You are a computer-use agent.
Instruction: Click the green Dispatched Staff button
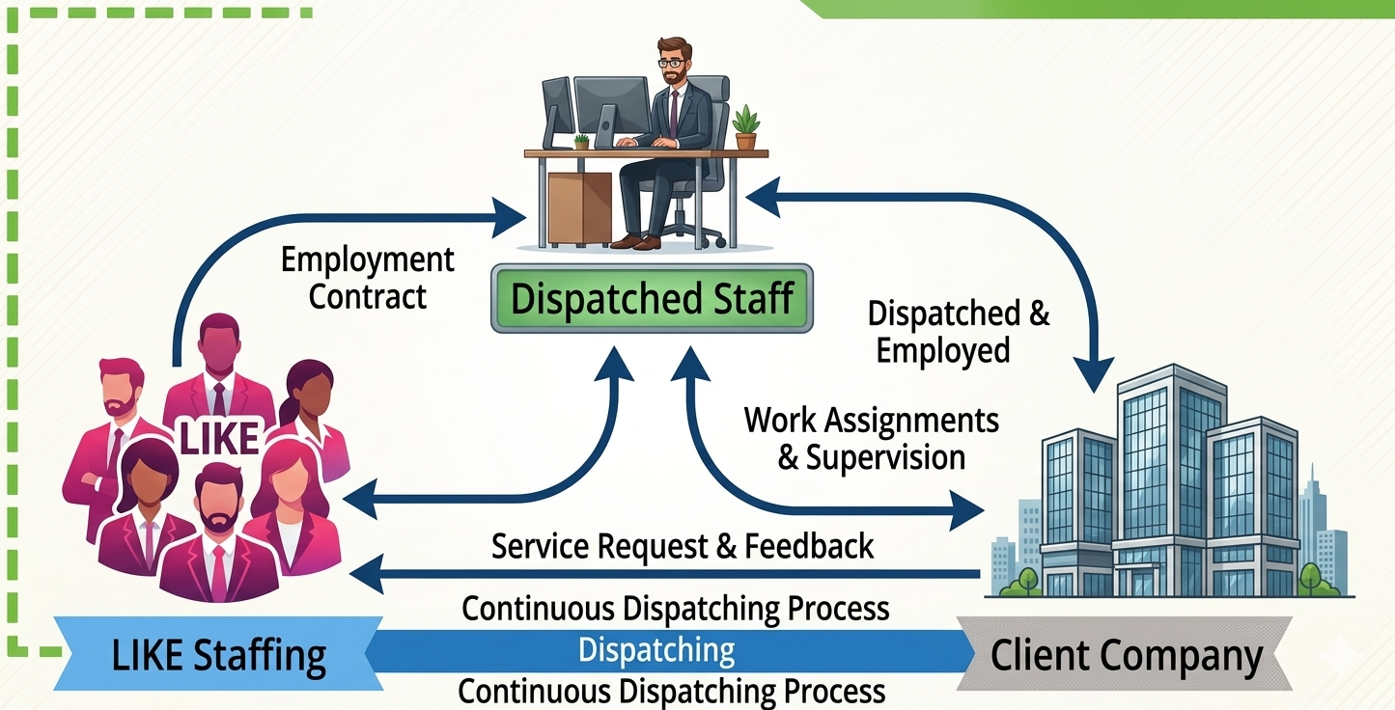click(652, 298)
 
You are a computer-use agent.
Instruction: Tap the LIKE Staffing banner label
click(218, 655)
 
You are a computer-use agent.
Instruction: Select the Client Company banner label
click(1126, 655)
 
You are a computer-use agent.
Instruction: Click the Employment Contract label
click(368, 278)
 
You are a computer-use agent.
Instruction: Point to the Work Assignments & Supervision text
click(871, 439)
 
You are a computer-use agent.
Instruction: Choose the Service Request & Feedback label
click(683, 546)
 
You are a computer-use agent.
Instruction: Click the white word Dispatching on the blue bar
click(656, 650)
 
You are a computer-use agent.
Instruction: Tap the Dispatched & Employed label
click(958, 331)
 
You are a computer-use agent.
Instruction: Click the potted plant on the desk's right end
click(745, 128)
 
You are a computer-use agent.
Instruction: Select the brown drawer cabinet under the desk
click(580, 208)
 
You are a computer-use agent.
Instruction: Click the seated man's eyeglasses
click(670, 63)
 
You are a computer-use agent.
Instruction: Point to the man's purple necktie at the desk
click(674, 115)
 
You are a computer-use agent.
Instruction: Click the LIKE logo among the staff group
click(219, 437)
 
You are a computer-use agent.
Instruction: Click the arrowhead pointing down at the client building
click(1094, 374)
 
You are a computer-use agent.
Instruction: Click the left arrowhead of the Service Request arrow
click(368, 574)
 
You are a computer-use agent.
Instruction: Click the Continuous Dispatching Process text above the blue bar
click(675, 608)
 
